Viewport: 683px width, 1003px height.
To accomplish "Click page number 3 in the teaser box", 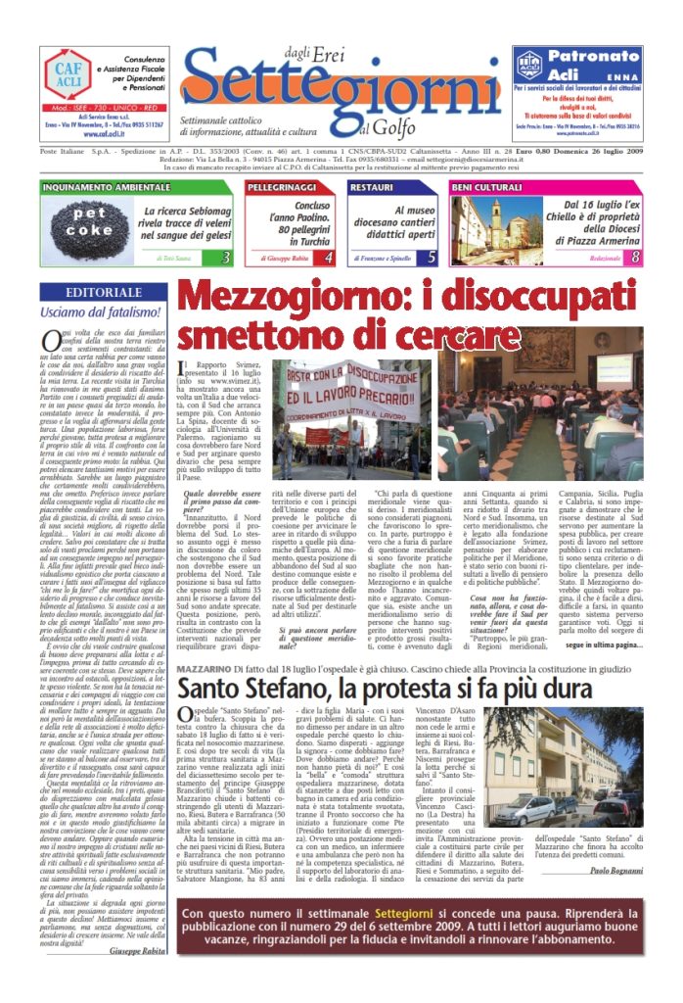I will (x=226, y=258).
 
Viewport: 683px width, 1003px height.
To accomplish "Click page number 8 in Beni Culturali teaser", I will (x=636, y=258).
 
